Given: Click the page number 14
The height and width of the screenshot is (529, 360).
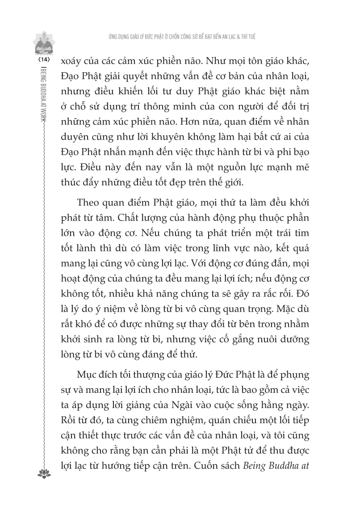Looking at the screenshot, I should tap(45, 59).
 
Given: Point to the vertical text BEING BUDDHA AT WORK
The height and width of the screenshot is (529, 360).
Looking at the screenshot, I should tap(45, 94).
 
